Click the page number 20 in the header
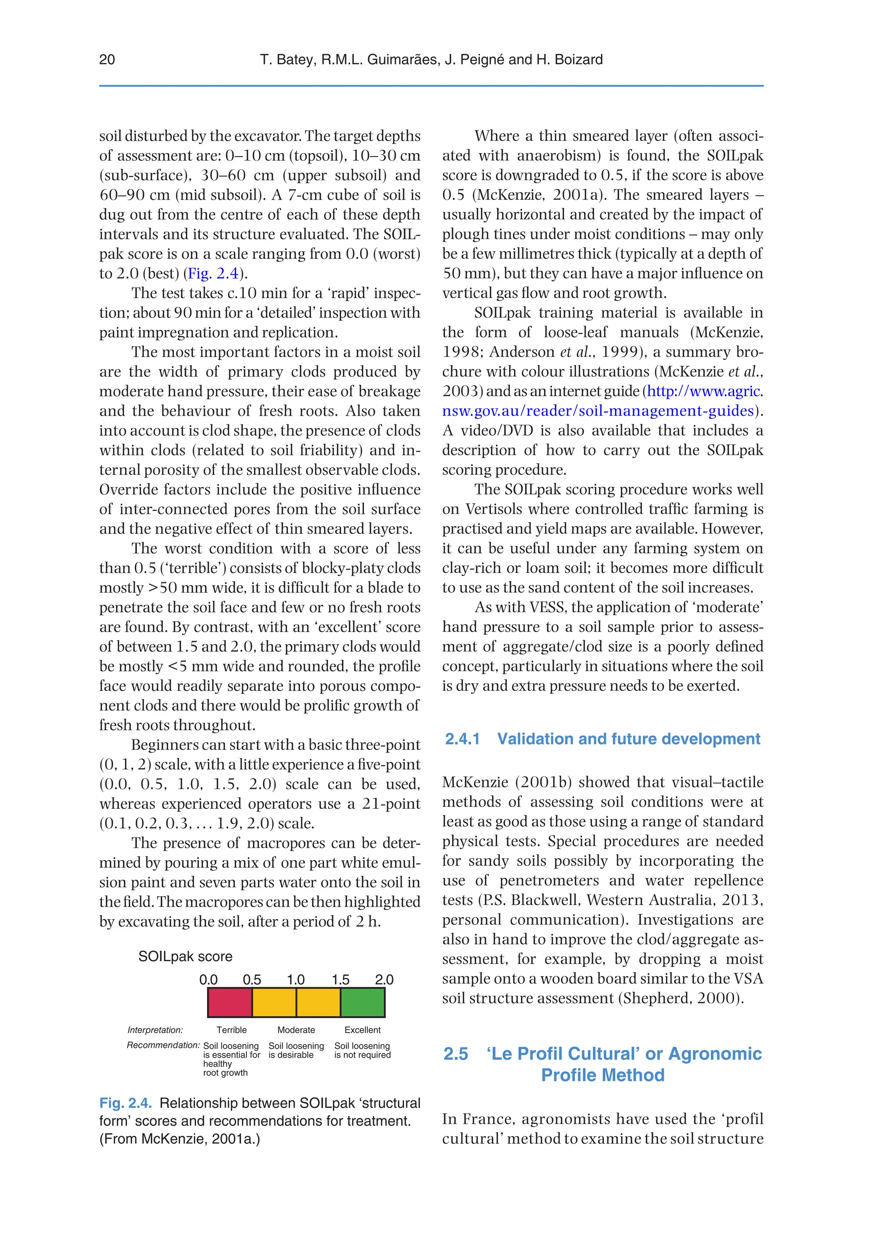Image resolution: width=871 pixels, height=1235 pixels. (x=107, y=60)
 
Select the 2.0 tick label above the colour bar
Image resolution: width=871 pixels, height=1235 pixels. (x=384, y=979)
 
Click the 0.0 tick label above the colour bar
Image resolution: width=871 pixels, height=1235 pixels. (x=208, y=979)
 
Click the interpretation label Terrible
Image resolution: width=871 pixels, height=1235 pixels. (x=231, y=1030)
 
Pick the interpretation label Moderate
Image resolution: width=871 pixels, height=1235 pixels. (x=296, y=1030)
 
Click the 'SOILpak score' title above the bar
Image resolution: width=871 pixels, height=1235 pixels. (x=185, y=957)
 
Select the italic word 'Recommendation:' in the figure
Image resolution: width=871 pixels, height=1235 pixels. (x=163, y=1045)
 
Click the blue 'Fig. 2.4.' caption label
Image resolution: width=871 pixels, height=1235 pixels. (x=125, y=1103)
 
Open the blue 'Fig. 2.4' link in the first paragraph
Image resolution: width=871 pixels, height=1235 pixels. (x=213, y=274)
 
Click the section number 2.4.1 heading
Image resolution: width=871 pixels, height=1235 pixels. (x=462, y=739)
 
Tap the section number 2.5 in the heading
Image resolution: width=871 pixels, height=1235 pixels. (x=455, y=1054)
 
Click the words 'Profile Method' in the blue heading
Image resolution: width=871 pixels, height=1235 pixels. (x=603, y=1075)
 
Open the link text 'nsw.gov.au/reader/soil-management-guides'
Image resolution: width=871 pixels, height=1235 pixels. (x=598, y=411)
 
